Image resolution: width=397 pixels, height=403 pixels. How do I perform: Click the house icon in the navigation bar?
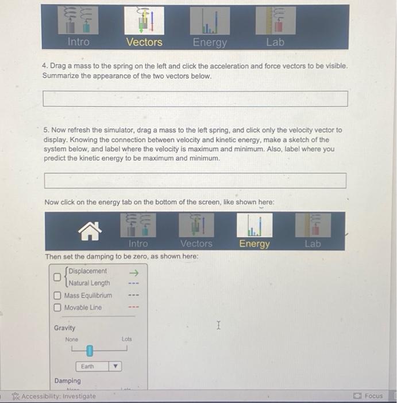tap(91, 233)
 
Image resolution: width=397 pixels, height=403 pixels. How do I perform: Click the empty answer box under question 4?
tap(195, 99)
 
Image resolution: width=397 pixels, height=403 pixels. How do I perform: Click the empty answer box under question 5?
tap(195, 181)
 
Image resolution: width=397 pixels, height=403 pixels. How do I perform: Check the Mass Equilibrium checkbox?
tap(58, 295)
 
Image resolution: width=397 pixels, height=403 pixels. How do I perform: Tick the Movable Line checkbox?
tap(58, 307)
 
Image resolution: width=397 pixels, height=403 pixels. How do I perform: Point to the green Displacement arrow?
tap(135, 271)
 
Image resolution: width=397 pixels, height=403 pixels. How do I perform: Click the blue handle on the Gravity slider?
tap(90, 350)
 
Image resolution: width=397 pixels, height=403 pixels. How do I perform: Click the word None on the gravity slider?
tap(71, 340)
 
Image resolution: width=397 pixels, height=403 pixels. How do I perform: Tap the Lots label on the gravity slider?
tap(126, 340)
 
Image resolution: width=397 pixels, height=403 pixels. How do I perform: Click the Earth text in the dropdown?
tap(87, 367)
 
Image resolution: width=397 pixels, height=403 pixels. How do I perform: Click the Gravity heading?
tap(64, 328)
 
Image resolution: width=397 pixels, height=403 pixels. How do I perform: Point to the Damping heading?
tap(68, 381)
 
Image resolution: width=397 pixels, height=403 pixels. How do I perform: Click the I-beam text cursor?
tap(218, 326)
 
